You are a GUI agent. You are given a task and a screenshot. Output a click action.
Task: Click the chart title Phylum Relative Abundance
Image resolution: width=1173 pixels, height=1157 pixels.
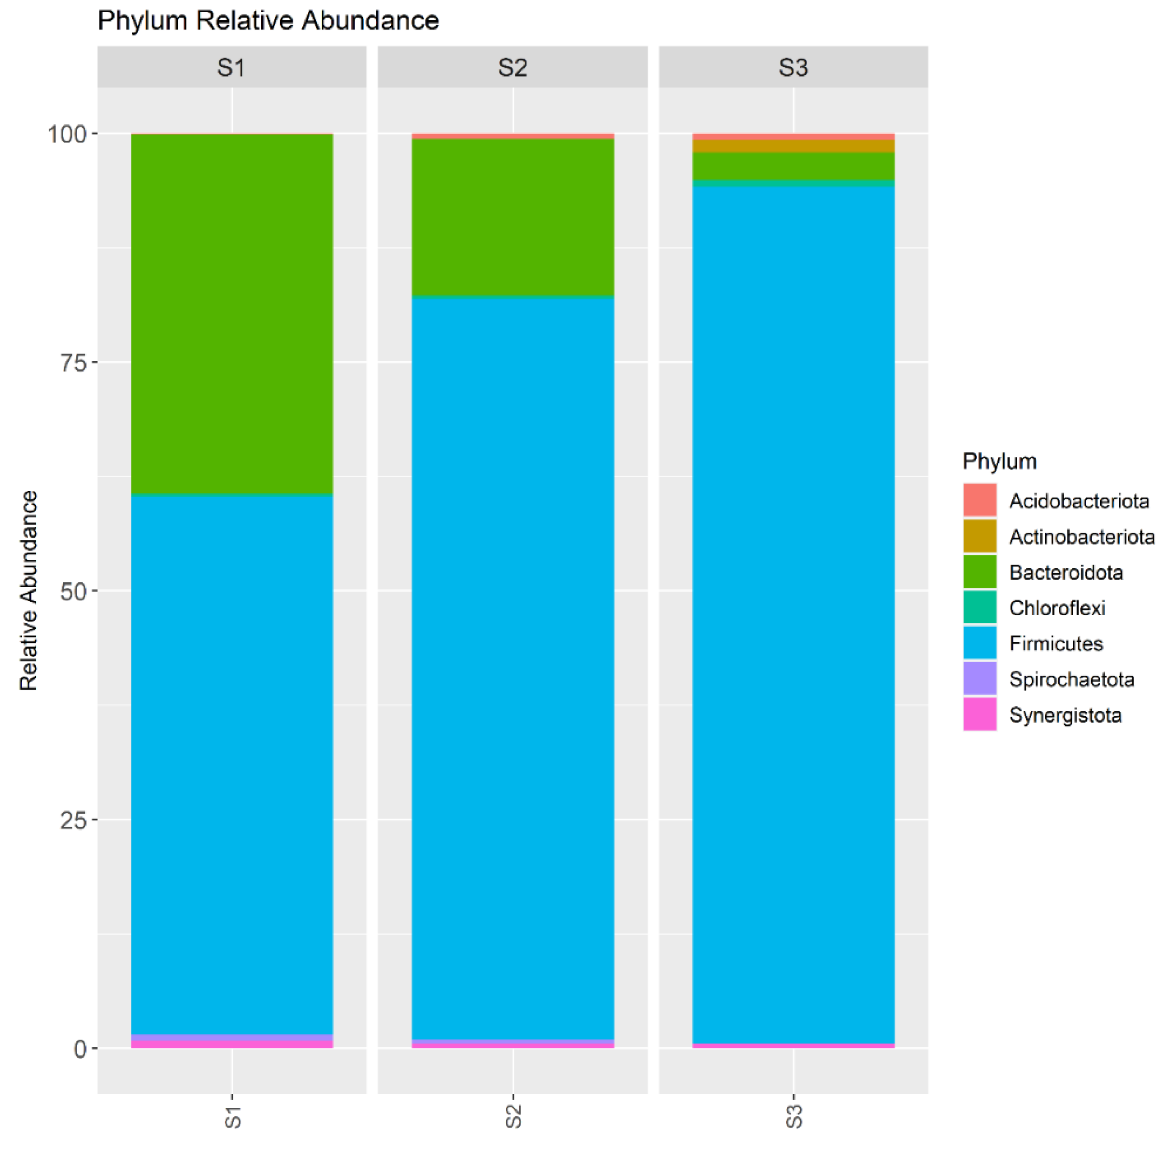268,21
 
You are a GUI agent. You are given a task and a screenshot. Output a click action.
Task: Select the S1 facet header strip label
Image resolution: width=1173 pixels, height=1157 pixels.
231,68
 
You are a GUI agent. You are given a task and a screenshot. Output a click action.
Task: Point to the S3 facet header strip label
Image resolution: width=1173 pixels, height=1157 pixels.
793,68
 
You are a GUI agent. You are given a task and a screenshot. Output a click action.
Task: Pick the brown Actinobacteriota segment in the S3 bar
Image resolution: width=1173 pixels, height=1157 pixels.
793,146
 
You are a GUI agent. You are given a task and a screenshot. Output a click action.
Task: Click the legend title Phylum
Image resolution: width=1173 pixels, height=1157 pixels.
999,461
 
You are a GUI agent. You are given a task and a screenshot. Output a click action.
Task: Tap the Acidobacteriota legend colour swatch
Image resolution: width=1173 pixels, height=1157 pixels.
979,500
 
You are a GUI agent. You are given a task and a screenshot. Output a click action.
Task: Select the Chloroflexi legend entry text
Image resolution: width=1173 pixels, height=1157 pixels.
1056,608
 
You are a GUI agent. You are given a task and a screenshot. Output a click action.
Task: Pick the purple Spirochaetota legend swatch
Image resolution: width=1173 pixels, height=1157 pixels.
979,678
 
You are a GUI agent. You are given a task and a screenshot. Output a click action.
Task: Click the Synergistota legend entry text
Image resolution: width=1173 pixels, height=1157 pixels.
1065,715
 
